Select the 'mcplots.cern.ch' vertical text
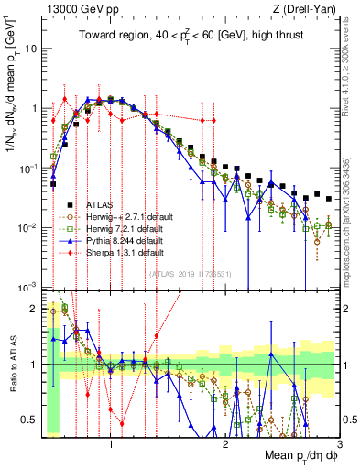click(x=351, y=220)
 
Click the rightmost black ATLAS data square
click(x=328, y=196)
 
